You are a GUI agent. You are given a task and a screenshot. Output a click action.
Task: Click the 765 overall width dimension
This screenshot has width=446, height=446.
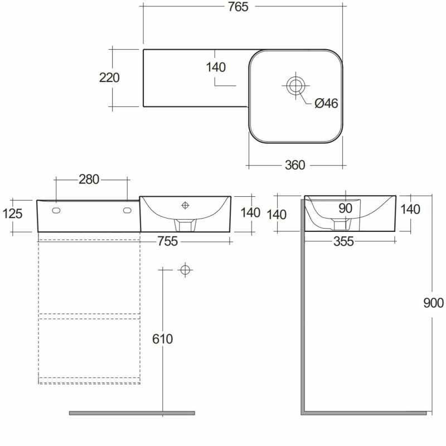pyautogui.click(x=238, y=7)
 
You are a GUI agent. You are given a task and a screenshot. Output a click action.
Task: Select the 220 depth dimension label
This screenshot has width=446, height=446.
pyautogui.click(x=109, y=77)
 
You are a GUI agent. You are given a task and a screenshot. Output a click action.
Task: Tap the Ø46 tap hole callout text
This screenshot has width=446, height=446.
pyautogui.click(x=327, y=103)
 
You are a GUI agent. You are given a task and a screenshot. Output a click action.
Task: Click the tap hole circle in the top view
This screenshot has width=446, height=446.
pyautogui.click(x=295, y=85)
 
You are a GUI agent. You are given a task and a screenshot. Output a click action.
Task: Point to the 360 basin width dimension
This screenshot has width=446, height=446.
pyautogui.click(x=295, y=165)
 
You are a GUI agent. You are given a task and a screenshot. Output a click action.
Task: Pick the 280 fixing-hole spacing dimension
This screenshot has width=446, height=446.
pyautogui.click(x=89, y=180)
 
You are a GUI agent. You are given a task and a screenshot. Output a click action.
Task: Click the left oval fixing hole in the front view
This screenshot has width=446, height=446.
pyautogui.click(x=56, y=211)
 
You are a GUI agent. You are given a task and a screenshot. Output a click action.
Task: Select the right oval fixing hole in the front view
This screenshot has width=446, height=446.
pyautogui.click(x=127, y=211)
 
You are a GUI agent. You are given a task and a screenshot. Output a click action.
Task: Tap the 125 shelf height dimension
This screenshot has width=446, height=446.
pyautogui.click(x=12, y=214)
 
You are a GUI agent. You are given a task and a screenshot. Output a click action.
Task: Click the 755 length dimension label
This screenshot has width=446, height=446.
pyautogui.click(x=168, y=241)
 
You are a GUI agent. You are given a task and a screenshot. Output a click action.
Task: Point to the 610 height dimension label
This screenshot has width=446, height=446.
pyautogui.click(x=162, y=339)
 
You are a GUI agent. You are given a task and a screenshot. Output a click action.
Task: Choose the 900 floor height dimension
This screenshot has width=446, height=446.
pyautogui.click(x=433, y=303)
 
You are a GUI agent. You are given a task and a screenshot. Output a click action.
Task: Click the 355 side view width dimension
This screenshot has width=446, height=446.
pyautogui.click(x=343, y=242)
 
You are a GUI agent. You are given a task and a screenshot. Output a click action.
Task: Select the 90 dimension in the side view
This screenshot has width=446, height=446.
pyautogui.click(x=346, y=209)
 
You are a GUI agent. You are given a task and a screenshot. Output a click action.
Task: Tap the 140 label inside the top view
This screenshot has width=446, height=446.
pyautogui.click(x=216, y=67)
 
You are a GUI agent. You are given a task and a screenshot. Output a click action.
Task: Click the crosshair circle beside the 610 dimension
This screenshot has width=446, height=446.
pyautogui.click(x=185, y=270)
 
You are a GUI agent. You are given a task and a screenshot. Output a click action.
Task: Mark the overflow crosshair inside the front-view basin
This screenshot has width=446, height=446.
pyautogui.click(x=185, y=205)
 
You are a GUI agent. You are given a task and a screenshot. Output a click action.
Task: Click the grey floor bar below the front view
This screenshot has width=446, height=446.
pyautogui.click(x=132, y=413)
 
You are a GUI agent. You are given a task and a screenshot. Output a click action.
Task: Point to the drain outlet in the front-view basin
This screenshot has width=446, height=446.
pyautogui.click(x=185, y=225)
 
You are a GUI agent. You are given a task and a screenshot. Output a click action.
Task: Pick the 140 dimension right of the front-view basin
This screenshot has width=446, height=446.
pyautogui.click(x=250, y=213)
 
